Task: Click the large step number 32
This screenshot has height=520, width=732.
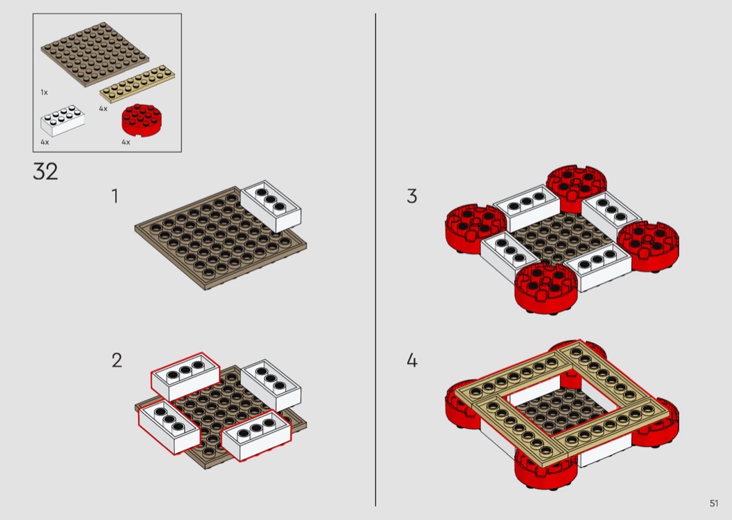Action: pos(45,171)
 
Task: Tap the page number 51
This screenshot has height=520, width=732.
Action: pos(714,503)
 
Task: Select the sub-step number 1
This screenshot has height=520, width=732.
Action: pos(115,196)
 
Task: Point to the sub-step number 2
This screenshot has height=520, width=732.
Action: pos(116,360)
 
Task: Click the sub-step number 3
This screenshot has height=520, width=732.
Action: pos(412,196)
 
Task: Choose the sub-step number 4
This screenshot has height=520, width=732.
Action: pos(412,360)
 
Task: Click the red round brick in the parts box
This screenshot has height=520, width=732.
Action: pos(140,120)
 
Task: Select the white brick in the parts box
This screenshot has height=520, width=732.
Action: pos(62,120)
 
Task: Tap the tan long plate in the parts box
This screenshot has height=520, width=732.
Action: pos(137,82)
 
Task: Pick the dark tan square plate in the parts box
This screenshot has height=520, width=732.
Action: pos(95,56)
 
